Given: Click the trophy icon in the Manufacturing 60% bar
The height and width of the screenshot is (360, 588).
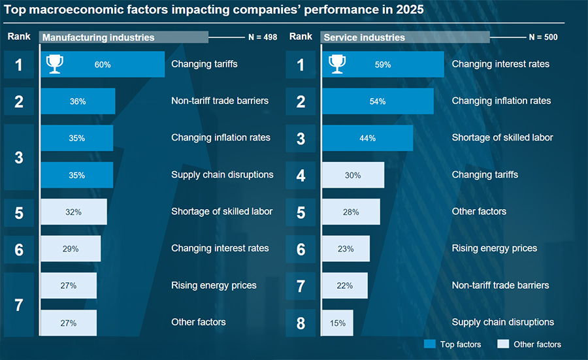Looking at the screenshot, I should point(55,63).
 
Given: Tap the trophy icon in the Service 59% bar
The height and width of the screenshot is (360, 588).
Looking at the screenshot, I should point(337,63).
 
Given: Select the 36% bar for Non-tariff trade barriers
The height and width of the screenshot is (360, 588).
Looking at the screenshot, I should point(78,101).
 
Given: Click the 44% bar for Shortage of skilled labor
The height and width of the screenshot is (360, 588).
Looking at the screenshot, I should point(367,138).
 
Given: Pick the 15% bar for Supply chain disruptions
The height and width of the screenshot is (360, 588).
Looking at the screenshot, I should point(338,322).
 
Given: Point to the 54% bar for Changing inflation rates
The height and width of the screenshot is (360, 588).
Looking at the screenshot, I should point(378,101).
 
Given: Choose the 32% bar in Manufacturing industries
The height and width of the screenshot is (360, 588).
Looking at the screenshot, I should point(73,212).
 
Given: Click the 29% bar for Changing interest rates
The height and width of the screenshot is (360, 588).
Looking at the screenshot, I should point(71,248).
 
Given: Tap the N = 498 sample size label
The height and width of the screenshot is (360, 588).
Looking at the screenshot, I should point(261,37).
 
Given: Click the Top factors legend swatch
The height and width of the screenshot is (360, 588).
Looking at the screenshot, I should point(430,344).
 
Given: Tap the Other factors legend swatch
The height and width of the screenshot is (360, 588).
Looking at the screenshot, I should point(503,344).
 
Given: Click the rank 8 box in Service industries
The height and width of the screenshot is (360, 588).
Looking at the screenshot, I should point(301,322).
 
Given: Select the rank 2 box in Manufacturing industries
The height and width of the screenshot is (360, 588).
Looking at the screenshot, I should point(19,101).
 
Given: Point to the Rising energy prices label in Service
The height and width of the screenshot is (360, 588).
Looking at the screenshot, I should point(495,248).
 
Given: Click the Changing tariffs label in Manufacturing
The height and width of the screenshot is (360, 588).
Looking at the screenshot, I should point(204,64).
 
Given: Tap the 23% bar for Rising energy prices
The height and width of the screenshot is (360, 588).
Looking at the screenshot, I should point(346,248).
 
